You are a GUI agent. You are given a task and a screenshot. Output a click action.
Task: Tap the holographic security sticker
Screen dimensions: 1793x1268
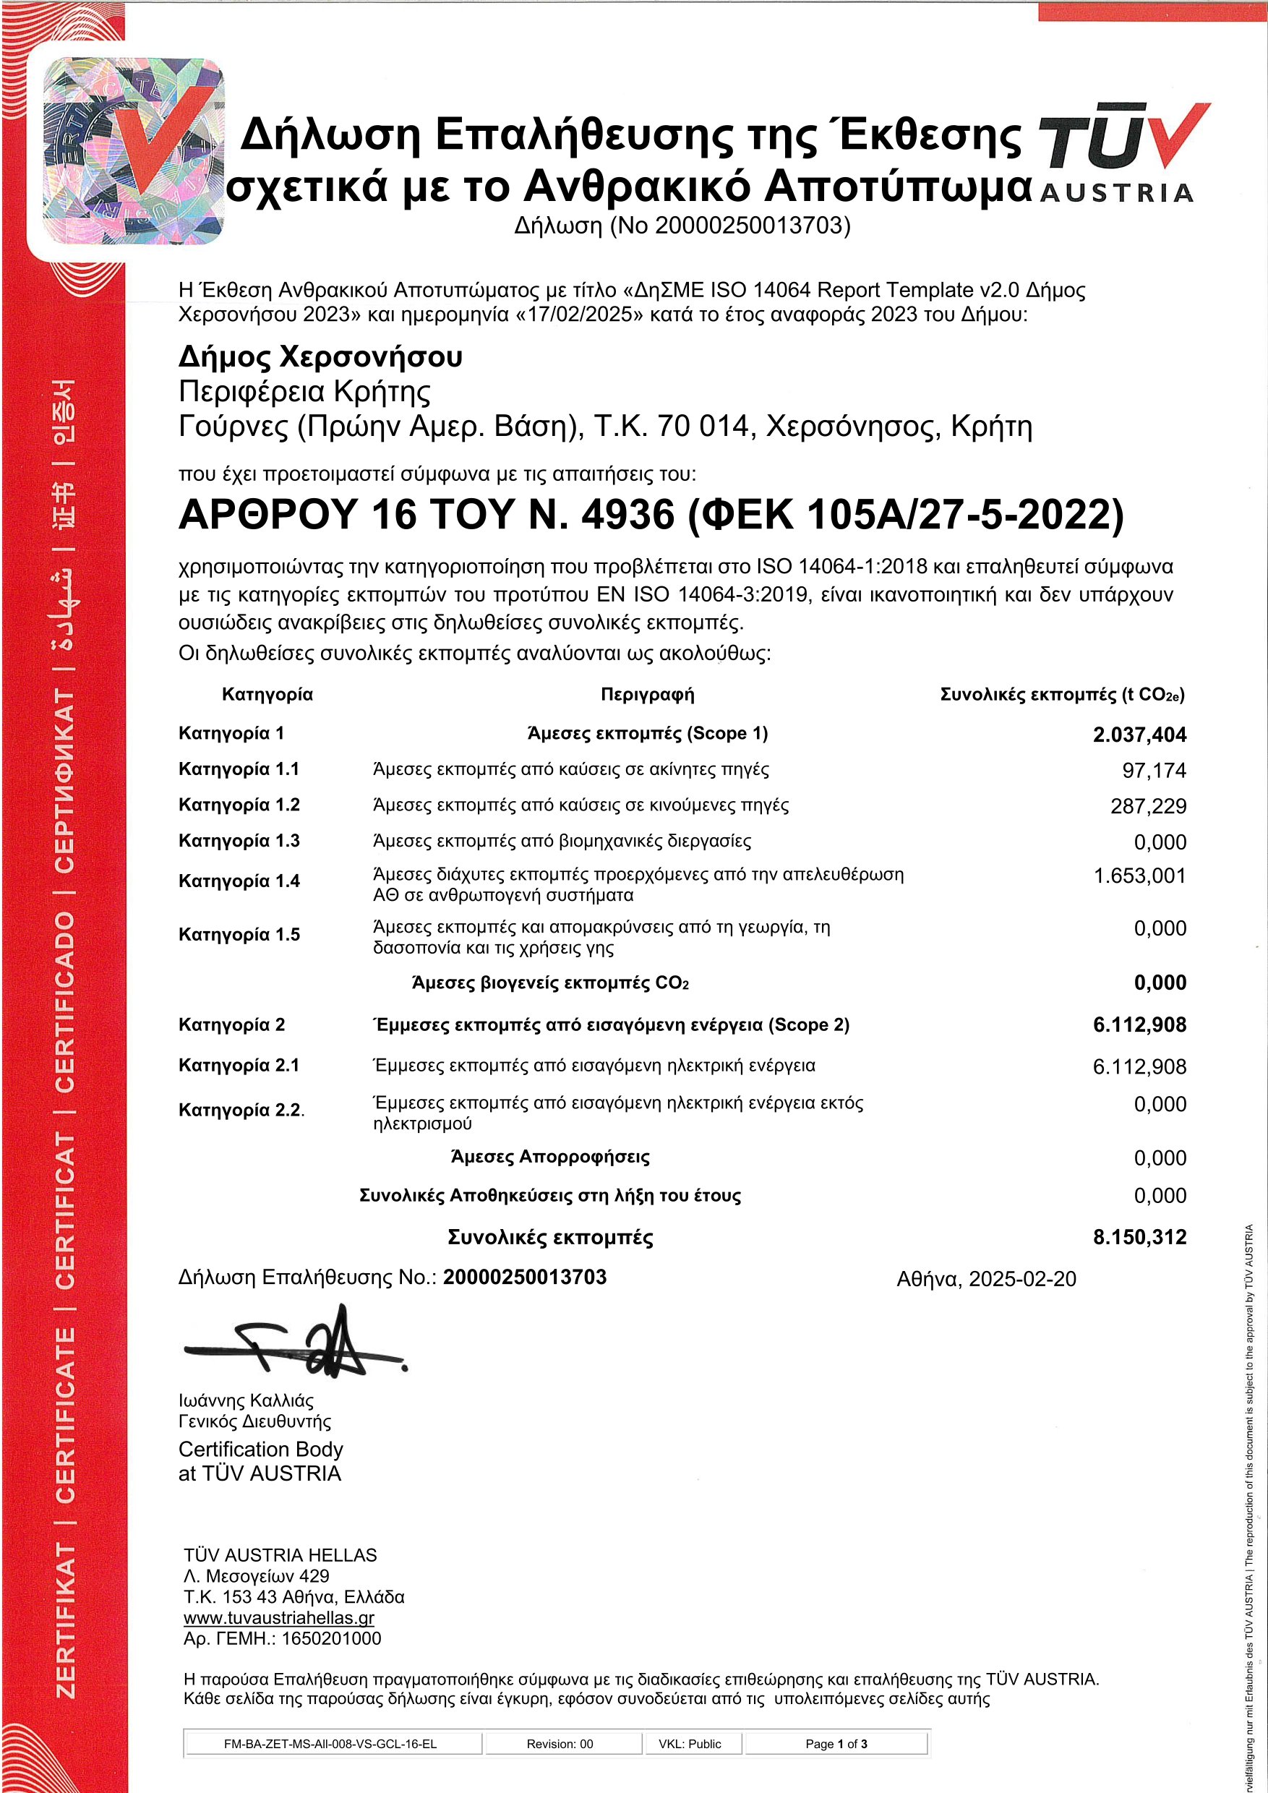click(134, 150)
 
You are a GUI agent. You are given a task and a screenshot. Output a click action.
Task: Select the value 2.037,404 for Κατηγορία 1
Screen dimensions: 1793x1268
click(1139, 735)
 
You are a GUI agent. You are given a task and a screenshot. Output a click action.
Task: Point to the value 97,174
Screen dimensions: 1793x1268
click(1154, 771)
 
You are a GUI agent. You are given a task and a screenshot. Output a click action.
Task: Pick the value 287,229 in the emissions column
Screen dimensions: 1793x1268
click(1148, 807)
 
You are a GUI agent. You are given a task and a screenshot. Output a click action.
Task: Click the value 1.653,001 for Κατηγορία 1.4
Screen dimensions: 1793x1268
click(1139, 876)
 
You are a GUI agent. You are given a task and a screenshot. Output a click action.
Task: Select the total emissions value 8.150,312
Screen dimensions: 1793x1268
click(1139, 1237)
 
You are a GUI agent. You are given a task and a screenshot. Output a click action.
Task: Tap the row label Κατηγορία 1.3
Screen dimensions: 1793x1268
click(239, 841)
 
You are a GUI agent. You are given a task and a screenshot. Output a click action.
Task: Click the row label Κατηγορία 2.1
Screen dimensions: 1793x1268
click(239, 1065)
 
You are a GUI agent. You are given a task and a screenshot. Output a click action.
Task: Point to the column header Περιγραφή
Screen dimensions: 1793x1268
click(647, 694)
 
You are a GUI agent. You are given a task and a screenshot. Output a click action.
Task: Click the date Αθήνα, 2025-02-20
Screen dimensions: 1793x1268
click(986, 1279)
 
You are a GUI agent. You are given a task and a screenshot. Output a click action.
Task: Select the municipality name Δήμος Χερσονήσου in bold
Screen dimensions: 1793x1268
click(320, 357)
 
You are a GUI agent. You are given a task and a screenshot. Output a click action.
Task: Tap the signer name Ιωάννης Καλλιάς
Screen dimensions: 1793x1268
click(246, 1400)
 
